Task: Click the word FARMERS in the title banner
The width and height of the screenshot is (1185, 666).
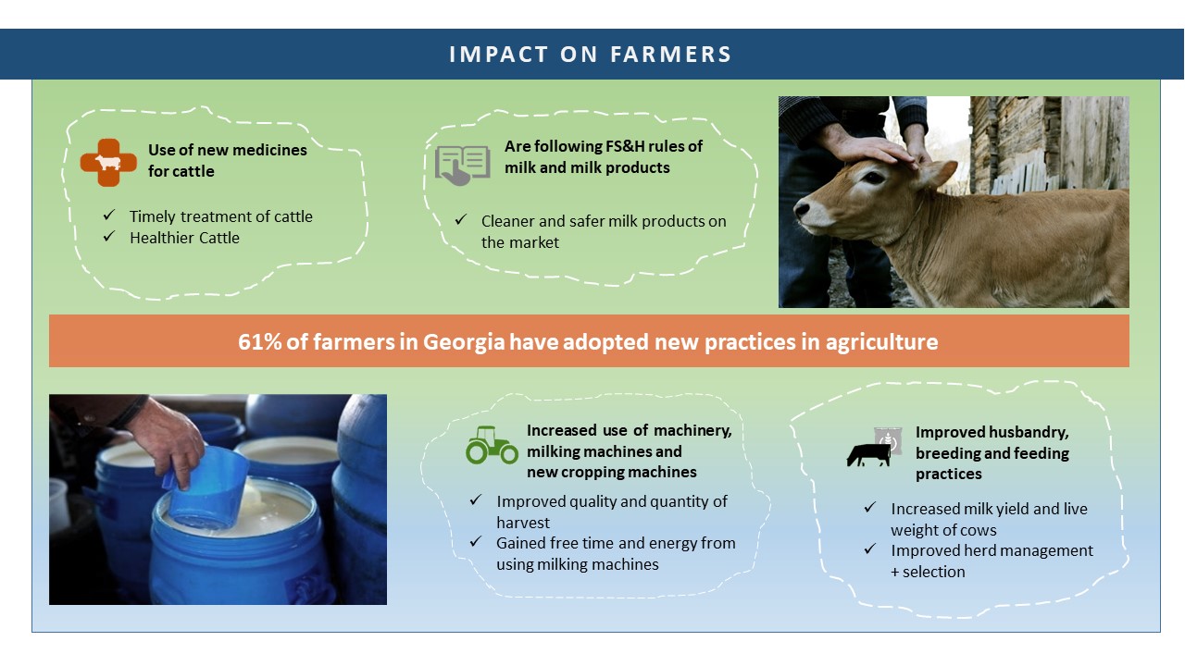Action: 671,55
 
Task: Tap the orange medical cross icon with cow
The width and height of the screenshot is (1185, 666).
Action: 108,162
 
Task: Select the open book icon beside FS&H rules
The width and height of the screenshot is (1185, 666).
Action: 462,166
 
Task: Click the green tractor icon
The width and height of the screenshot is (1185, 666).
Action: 492,445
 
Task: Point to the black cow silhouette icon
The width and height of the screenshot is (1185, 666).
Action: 868,455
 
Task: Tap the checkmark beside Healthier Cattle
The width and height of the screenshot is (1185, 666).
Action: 109,236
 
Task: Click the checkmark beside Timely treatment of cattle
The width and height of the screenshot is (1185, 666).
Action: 109,215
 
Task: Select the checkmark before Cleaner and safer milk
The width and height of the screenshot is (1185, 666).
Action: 460,219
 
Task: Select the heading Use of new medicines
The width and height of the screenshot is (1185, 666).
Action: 228,160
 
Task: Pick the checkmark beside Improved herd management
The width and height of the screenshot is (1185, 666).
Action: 869,549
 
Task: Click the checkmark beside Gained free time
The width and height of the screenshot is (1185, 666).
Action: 476,541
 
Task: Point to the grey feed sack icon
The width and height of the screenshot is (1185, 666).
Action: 888,440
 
